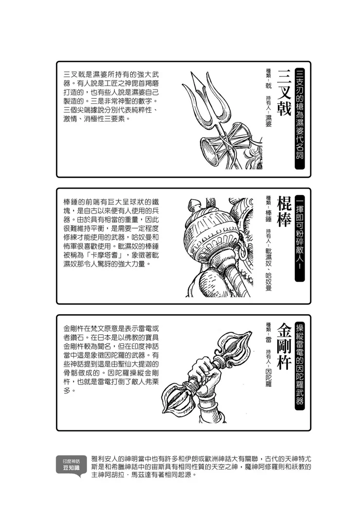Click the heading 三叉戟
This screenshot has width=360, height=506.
coord(284,92)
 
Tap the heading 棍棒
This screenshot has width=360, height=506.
coord(284,213)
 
